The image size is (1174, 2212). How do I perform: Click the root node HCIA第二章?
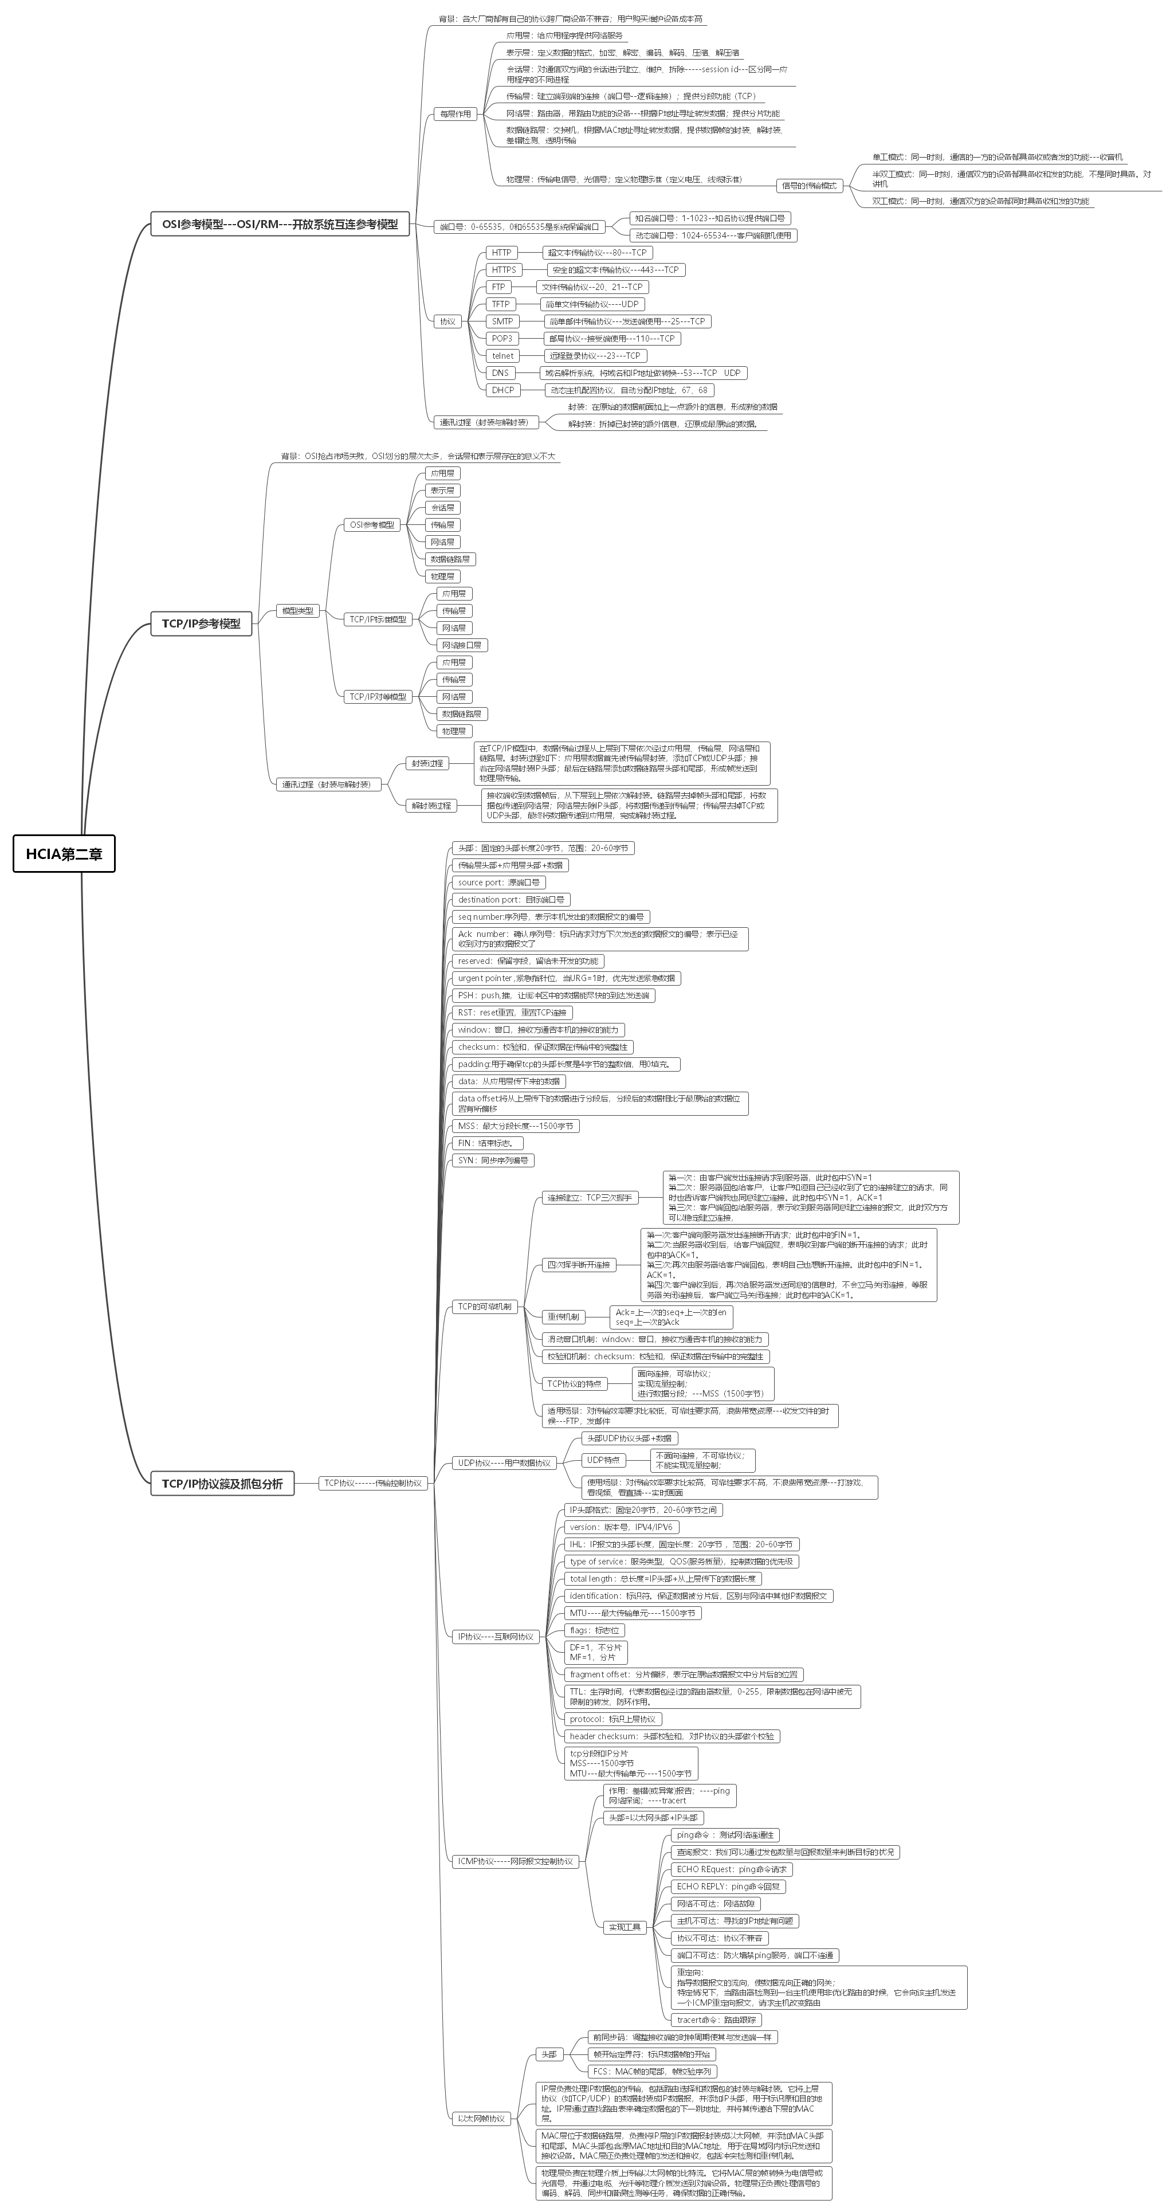coord(64,853)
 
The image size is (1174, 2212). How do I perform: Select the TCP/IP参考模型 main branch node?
coord(201,623)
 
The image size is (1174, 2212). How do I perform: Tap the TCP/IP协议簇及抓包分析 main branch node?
coord(222,1483)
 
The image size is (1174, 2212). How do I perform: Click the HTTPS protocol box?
coord(504,270)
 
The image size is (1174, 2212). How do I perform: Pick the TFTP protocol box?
coord(500,304)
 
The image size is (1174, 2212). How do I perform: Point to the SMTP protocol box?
coord(501,321)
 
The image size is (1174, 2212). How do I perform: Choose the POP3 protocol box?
coord(501,338)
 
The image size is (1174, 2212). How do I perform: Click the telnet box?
coord(502,355)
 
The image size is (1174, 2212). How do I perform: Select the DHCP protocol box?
coord(502,390)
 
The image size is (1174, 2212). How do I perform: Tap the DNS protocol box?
coord(500,372)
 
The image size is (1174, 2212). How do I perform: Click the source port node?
coord(499,882)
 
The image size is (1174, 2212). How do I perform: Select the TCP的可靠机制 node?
coord(484,1306)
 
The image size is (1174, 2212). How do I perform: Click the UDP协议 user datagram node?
coord(504,1462)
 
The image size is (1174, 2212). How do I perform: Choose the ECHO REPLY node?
coord(730,1887)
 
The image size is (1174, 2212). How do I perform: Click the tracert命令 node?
coord(716,2019)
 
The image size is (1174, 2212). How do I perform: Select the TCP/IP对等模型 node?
coord(378,696)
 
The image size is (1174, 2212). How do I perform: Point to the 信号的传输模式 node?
coord(807,186)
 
